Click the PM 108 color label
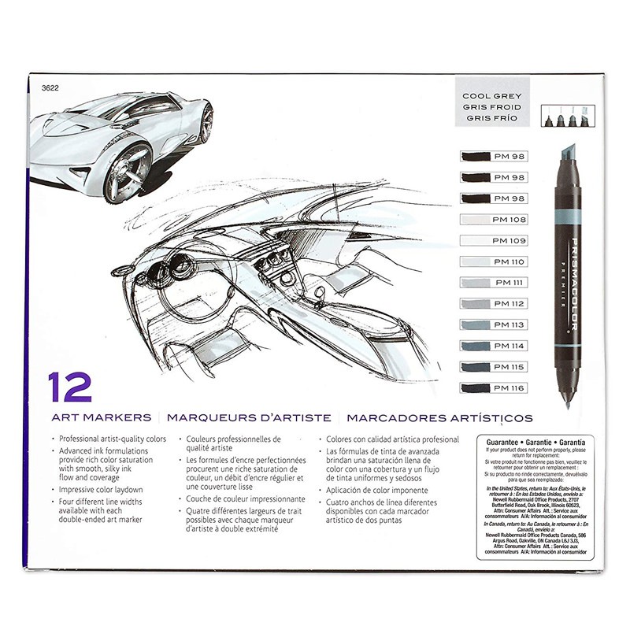point(492,219)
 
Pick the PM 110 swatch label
point(492,261)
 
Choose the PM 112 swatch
point(492,303)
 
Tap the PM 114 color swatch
point(492,346)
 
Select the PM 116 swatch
point(492,387)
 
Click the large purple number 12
point(69,387)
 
